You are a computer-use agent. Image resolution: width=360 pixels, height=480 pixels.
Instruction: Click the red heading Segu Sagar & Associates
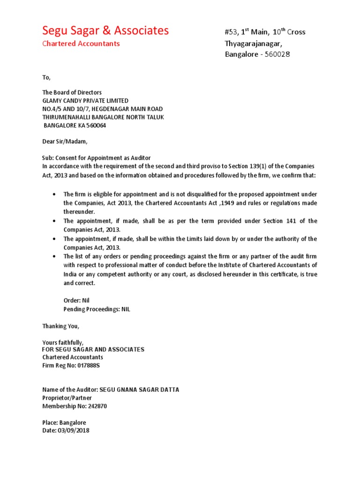click(x=105, y=31)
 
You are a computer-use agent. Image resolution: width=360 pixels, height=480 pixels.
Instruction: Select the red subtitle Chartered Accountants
click(x=81, y=44)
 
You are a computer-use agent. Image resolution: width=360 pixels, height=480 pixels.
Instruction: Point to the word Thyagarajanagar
click(x=254, y=44)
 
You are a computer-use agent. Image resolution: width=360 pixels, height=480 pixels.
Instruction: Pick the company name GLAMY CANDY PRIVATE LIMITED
click(x=85, y=101)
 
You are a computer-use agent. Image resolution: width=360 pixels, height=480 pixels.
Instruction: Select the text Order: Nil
click(x=76, y=300)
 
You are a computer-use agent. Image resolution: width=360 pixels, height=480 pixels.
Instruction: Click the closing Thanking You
click(x=61, y=326)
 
